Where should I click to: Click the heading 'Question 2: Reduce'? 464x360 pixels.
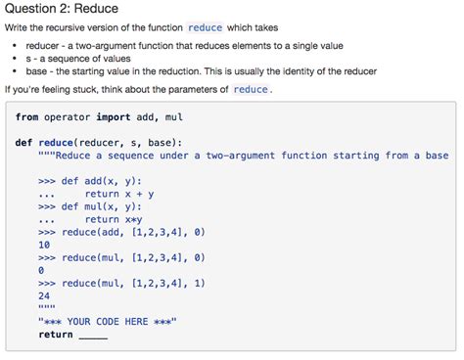(x=62, y=10)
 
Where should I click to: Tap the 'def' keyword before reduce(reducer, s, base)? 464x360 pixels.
(x=24, y=143)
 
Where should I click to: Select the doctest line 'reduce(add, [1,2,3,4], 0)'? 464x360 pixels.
(x=133, y=232)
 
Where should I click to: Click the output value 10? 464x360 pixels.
(x=45, y=245)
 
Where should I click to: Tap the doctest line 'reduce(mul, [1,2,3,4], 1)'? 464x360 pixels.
(x=133, y=283)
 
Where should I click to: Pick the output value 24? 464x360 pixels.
(x=45, y=295)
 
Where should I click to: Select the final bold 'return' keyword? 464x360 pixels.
(x=56, y=335)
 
